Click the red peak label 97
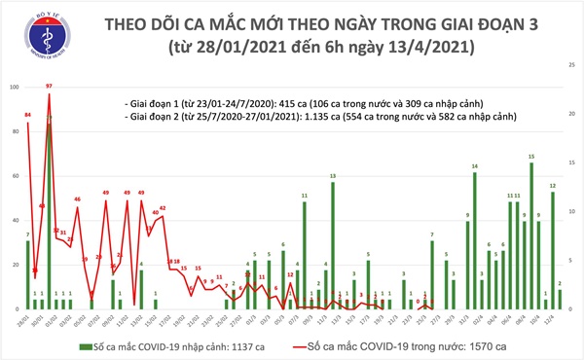pos(49,87)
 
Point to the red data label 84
pos(28,116)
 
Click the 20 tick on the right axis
pos(567,113)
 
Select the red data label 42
pos(163,208)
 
